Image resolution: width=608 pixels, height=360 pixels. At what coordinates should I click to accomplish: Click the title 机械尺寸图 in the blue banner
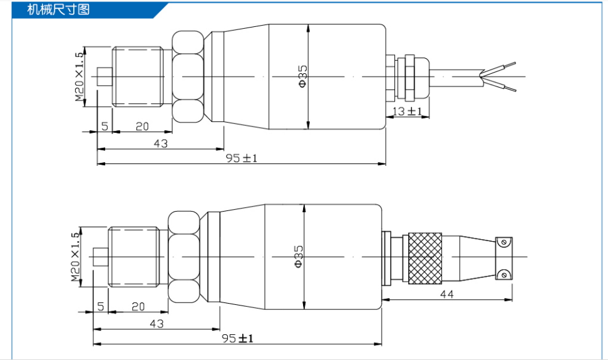tap(59, 9)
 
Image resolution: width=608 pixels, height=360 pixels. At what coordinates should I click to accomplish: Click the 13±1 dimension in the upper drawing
tap(407, 111)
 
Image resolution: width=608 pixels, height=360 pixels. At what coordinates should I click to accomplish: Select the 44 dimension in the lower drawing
tap(446, 294)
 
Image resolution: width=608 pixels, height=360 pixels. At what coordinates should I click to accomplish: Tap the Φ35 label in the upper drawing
tap(302, 76)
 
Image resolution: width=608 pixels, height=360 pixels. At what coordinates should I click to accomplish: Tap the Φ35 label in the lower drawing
tap(298, 257)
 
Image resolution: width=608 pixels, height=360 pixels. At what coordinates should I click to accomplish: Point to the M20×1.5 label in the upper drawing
tap(79, 77)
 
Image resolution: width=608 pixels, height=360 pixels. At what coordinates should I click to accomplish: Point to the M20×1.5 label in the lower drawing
tap(75, 257)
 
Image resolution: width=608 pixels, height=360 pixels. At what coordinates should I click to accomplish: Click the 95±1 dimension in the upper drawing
tap(241, 158)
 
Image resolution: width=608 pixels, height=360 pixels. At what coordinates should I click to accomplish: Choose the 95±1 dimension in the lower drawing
tap(237, 338)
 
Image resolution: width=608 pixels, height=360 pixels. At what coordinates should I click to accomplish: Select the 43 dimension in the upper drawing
tap(160, 143)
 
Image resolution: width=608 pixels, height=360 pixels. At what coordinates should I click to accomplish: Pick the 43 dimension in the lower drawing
tap(157, 324)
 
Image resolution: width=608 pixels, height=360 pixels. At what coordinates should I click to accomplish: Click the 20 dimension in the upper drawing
tap(142, 126)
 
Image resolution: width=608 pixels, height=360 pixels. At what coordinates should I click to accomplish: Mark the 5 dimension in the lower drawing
tap(101, 307)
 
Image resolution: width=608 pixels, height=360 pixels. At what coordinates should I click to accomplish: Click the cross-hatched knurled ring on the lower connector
tap(425, 259)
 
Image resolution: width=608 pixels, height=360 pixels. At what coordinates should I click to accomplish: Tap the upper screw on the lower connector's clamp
tap(503, 242)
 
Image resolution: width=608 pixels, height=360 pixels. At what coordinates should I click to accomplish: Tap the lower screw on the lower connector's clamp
tap(503, 275)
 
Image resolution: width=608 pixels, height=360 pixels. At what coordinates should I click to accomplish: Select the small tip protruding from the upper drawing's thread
tap(105, 77)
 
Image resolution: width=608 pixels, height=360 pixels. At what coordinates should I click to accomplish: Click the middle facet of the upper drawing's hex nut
tap(188, 76)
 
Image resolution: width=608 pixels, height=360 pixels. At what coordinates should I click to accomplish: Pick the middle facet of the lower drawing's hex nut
tap(184, 257)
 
